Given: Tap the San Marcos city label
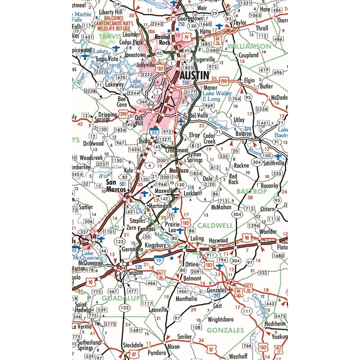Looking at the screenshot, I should point(117,185).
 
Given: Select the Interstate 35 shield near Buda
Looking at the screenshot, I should point(155,132).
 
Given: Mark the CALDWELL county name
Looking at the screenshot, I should point(215,225).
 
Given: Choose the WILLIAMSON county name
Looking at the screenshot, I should point(249,46).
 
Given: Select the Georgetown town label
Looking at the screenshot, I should point(191,19).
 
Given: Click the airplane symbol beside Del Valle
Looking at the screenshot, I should point(181,121).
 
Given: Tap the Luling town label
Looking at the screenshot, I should point(197,238).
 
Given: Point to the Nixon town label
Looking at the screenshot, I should point(173,347).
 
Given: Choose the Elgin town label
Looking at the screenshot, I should point(249,81).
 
